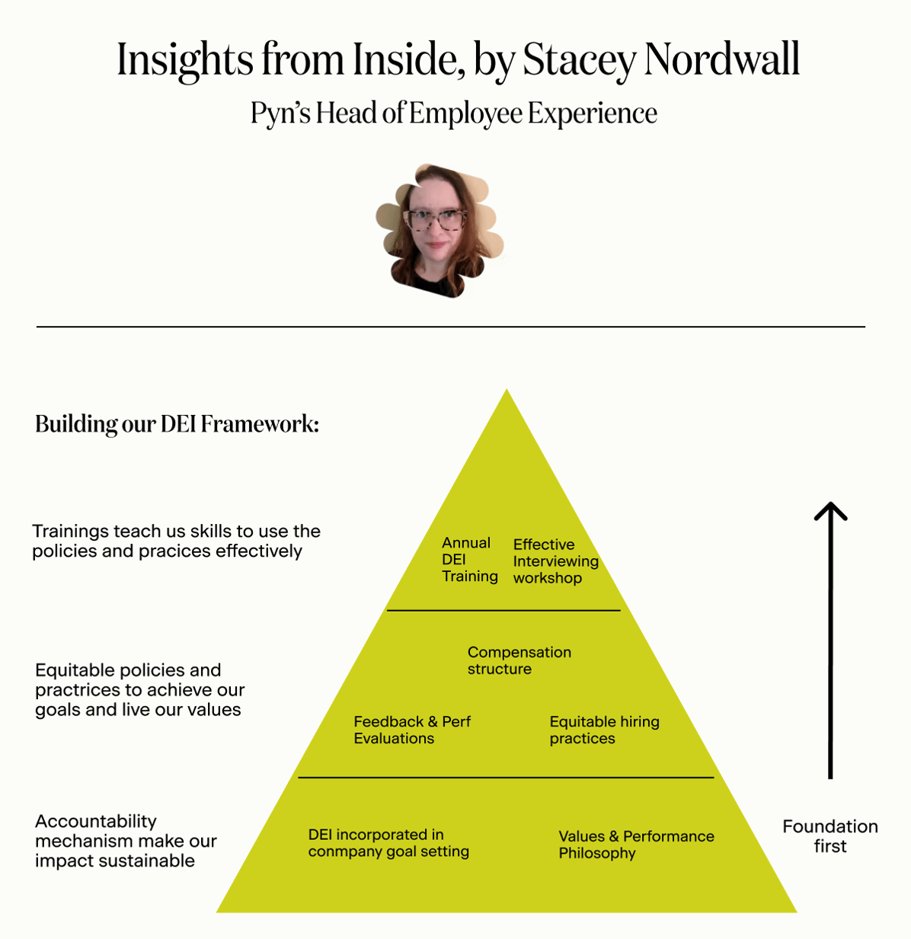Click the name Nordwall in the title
(x=721, y=59)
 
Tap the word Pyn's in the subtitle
(x=280, y=113)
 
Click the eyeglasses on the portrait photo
(x=436, y=220)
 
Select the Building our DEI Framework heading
(x=177, y=423)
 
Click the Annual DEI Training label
(x=469, y=560)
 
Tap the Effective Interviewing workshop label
(x=555, y=561)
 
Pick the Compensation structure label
(x=519, y=660)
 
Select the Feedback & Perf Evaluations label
(x=412, y=730)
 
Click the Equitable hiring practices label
(x=604, y=730)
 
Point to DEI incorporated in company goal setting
(x=388, y=843)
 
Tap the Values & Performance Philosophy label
(x=636, y=845)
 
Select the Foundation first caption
(x=829, y=836)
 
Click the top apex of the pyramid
(x=507, y=393)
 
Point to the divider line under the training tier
(x=503, y=611)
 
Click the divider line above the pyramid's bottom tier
(x=506, y=778)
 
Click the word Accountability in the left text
(x=96, y=821)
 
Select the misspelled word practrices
(x=79, y=690)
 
